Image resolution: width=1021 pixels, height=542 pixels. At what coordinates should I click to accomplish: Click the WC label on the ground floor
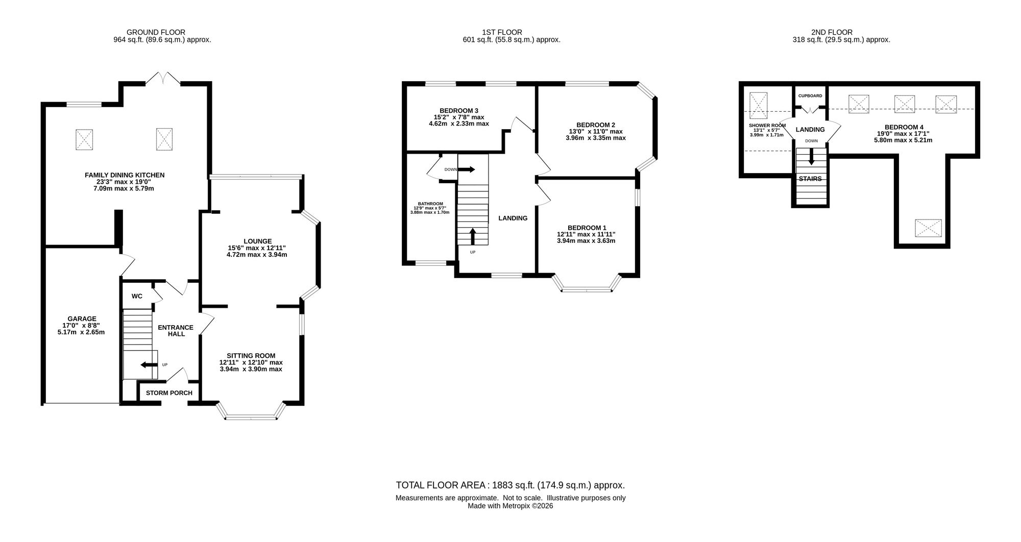[137, 296]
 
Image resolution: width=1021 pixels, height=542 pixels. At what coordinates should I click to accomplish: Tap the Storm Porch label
[169, 393]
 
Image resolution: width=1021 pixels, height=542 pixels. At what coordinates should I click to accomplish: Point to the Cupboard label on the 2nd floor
[810, 96]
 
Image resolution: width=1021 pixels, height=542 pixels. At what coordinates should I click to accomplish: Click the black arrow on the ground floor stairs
[149, 365]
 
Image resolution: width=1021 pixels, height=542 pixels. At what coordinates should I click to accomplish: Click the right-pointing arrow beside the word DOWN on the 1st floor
[467, 169]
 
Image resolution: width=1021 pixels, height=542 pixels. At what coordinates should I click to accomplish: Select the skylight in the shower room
[759, 105]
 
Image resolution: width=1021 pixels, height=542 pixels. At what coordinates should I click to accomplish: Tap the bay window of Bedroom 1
[587, 284]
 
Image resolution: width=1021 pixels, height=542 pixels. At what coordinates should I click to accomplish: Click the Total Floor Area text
[510, 485]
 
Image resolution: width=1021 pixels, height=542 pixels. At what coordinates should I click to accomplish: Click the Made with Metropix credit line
[510, 506]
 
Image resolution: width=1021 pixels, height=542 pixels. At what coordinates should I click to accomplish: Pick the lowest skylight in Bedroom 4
[928, 228]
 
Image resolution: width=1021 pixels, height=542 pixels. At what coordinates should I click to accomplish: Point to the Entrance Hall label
[175, 331]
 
